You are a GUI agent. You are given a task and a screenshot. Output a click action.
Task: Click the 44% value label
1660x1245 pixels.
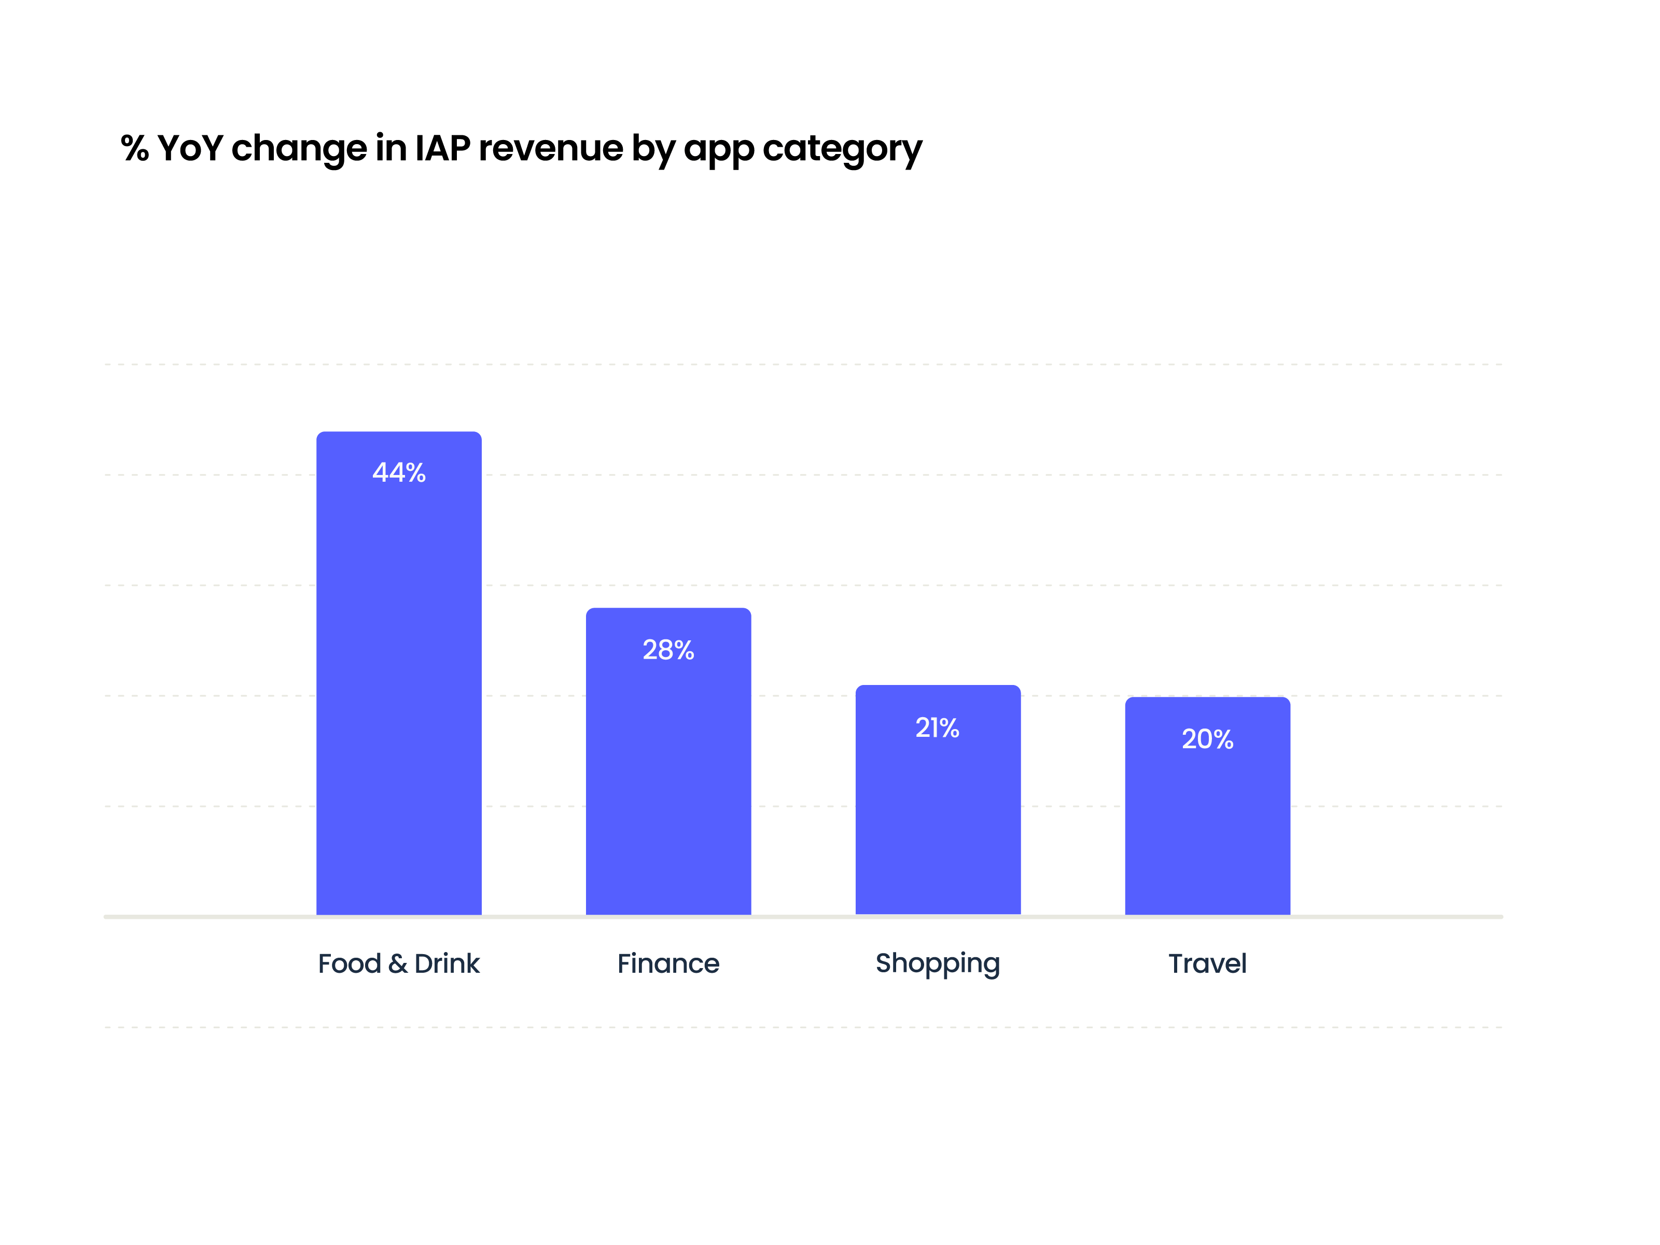pyautogui.click(x=398, y=473)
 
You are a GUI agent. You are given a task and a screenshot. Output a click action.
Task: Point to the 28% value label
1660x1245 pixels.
pyautogui.click(x=668, y=650)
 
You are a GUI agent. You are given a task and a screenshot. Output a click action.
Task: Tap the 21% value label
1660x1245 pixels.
pyautogui.click(x=937, y=728)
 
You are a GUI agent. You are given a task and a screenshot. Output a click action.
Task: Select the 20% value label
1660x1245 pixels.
pyautogui.click(x=1207, y=739)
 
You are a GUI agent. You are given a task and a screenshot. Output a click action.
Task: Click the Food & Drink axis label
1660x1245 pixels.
pyautogui.click(x=398, y=963)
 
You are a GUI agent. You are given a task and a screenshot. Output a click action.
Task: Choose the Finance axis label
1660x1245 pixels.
pyautogui.click(x=668, y=963)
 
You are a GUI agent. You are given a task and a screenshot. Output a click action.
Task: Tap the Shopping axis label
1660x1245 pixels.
pyautogui.click(x=937, y=963)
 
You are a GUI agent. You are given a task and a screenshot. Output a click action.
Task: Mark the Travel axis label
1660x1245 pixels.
pyautogui.click(x=1207, y=963)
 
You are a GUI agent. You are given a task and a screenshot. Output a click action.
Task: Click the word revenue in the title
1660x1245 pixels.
pyautogui.click(x=550, y=149)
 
